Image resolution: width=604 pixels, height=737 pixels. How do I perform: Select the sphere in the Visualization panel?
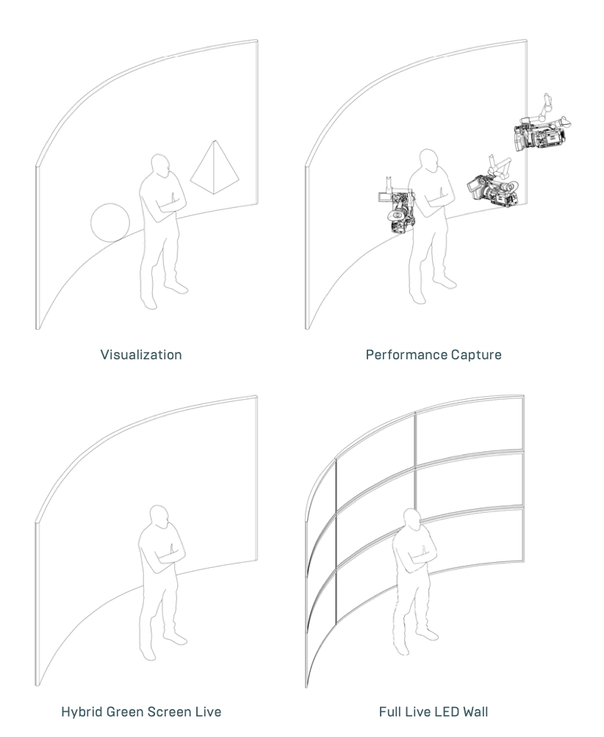[x=110, y=223]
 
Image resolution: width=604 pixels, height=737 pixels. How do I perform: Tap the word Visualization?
[x=141, y=354]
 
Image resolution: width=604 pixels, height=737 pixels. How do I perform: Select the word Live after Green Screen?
[x=208, y=711]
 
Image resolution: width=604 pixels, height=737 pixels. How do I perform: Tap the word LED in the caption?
[x=446, y=711]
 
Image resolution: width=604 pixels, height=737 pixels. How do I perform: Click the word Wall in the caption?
[x=475, y=711]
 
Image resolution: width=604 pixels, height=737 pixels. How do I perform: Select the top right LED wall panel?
[x=470, y=430]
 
